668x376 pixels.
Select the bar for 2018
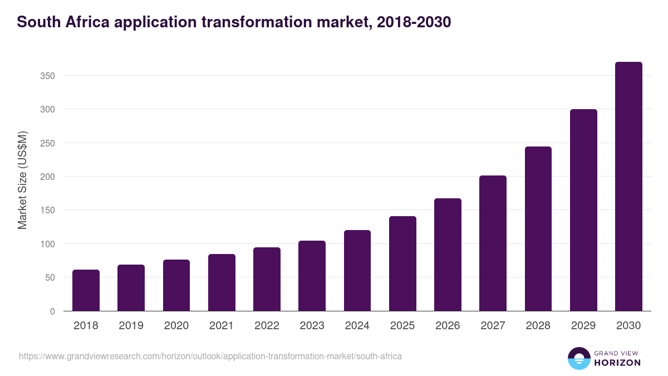[86, 290]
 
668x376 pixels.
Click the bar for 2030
[628, 187]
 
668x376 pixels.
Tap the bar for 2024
[357, 271]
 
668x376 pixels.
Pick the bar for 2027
[493, 243]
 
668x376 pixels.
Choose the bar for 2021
[222, 282]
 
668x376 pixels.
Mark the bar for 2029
[583, 210]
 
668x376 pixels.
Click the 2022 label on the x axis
[267, 326]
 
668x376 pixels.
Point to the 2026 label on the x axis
[448, 326]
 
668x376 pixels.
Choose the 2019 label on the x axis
[131, 326]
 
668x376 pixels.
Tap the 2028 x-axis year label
[538, 326]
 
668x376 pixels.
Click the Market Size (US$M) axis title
[22, 180]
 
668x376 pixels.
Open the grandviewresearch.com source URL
[210, 356]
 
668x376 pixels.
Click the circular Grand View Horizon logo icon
[579, 358]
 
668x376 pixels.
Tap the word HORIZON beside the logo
[618, 363]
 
